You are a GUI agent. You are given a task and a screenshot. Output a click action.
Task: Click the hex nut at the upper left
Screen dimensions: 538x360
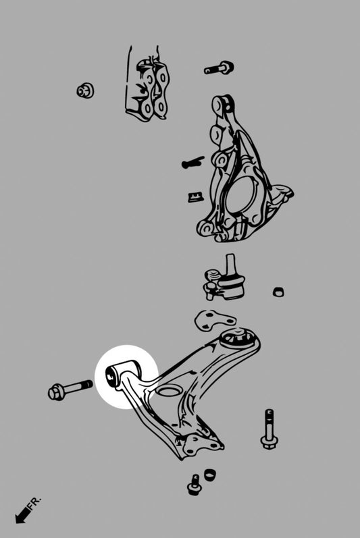pyautogui.click(x=85, y=90)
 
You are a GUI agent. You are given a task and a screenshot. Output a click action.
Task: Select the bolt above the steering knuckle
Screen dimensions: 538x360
pyautogui.click(x=219, y=68)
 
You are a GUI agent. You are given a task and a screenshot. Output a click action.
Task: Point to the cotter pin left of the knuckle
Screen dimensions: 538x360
pyautogui.click(x=192, y=163)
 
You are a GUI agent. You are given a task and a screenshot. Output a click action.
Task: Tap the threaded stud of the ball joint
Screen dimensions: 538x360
pyautogui.click(x=230, y=261)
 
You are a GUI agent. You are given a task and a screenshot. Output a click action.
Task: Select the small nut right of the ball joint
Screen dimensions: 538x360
pyautogui.click(x=278, y=292)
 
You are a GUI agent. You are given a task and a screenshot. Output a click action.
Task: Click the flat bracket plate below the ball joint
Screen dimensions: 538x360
pyautogui.click(x=214, y=319)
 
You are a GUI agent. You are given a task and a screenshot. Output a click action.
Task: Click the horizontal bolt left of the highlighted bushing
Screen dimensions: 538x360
pyautogui.click(x=70, y=389)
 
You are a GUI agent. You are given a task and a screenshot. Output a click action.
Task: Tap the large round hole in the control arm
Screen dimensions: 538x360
pyautogui.click(x=169, y=392)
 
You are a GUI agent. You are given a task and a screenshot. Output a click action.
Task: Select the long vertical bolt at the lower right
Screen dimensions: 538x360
pyautogui.click(x=269, y=429)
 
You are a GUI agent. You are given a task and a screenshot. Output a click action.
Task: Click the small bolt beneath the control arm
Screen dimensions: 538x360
pyautogui.click(x=195, y=484)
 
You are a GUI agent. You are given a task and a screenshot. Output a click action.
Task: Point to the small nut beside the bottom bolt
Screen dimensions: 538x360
pyautogui.click(x=210, y=475)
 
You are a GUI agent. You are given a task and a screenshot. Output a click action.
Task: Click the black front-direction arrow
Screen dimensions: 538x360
pyautogui.click(x=22, y=515)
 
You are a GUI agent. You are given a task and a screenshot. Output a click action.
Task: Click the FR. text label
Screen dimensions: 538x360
pyautogui.click(x=35, y=503)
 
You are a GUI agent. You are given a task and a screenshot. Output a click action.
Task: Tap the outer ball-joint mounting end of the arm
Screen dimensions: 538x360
pyautogui.click(x=200, y=443)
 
